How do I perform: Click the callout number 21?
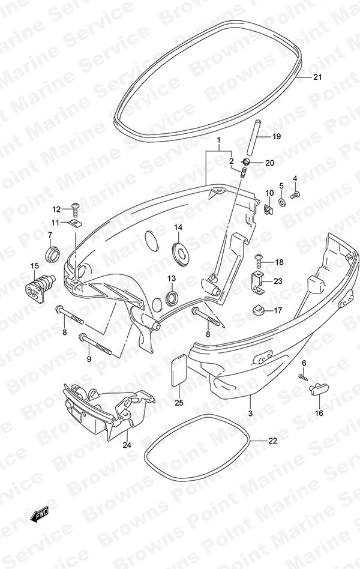pos(317,77)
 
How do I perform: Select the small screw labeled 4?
pos(295,195)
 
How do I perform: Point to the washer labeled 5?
pos(282,202)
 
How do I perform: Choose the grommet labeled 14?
pos(180,251)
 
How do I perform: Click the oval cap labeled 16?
pos(316,390)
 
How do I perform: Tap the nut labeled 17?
pos(257,311)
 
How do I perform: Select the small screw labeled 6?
pos(302,376)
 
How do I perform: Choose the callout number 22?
pos(273,441)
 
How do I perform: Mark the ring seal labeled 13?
pos(172,298)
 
